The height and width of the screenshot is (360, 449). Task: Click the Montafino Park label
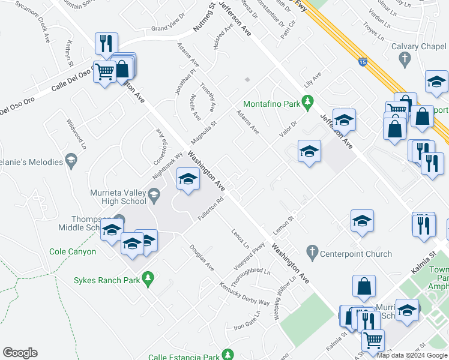271,104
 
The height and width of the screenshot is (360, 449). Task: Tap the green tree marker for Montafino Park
309,104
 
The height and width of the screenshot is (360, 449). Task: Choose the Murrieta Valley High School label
125,196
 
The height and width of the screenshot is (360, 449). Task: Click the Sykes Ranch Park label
106,280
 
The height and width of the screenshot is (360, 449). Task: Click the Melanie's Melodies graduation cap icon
72,159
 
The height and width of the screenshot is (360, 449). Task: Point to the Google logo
20,352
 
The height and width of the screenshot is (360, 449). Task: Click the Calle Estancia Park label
183,357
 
